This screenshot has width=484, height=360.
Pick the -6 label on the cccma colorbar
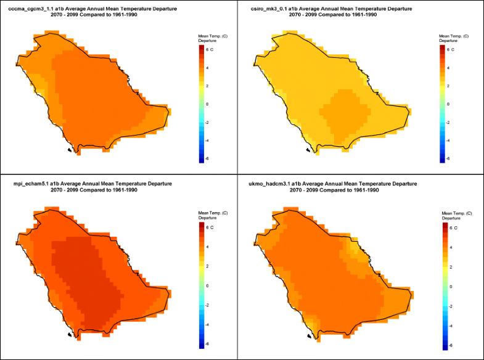pyautogui.click(x=209, y=158)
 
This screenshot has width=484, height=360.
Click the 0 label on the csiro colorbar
pyautogui.click(x=448, y=104)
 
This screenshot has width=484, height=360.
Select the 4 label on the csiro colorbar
pyautogui.click(x=448, y=68)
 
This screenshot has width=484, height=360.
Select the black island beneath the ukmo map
pyautogui.click(x=309, y=337)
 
